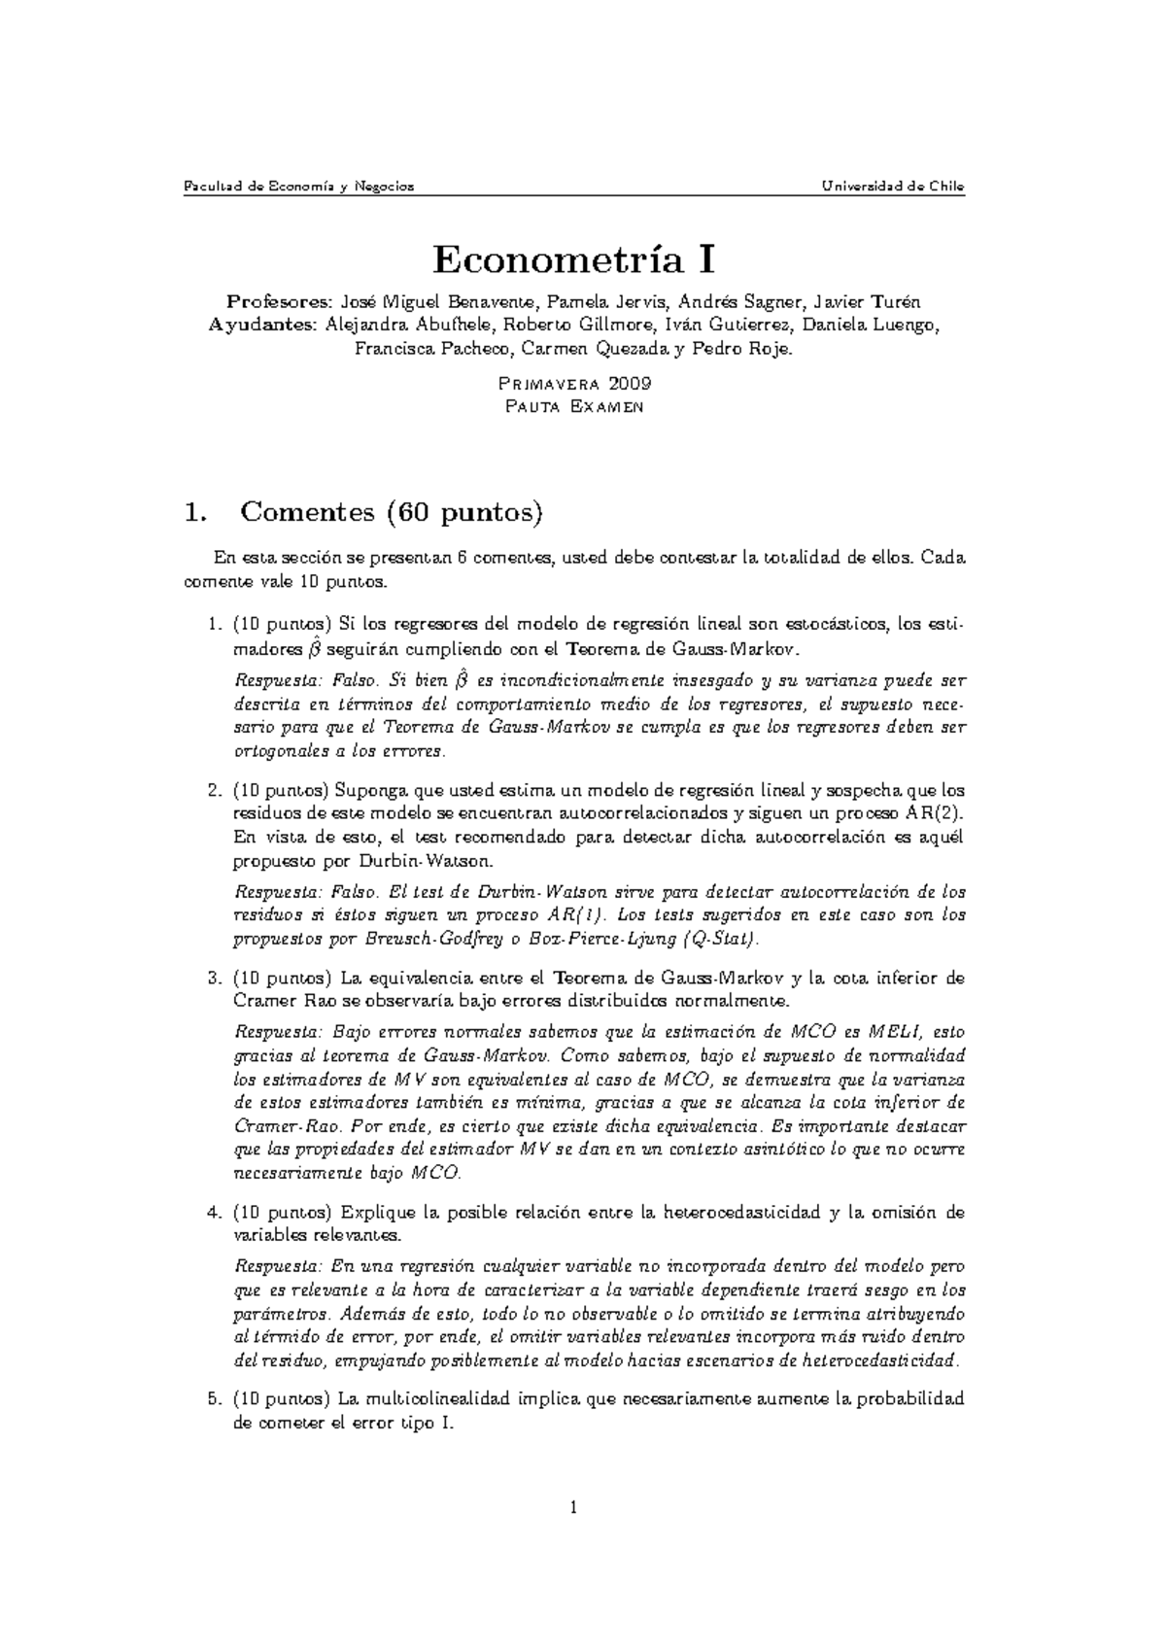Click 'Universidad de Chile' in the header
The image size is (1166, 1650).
pos(891,187)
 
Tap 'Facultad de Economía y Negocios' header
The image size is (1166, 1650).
pos(299,187)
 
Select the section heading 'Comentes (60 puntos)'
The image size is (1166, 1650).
pos(389,511)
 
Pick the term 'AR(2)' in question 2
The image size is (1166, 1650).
pos(935,813)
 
